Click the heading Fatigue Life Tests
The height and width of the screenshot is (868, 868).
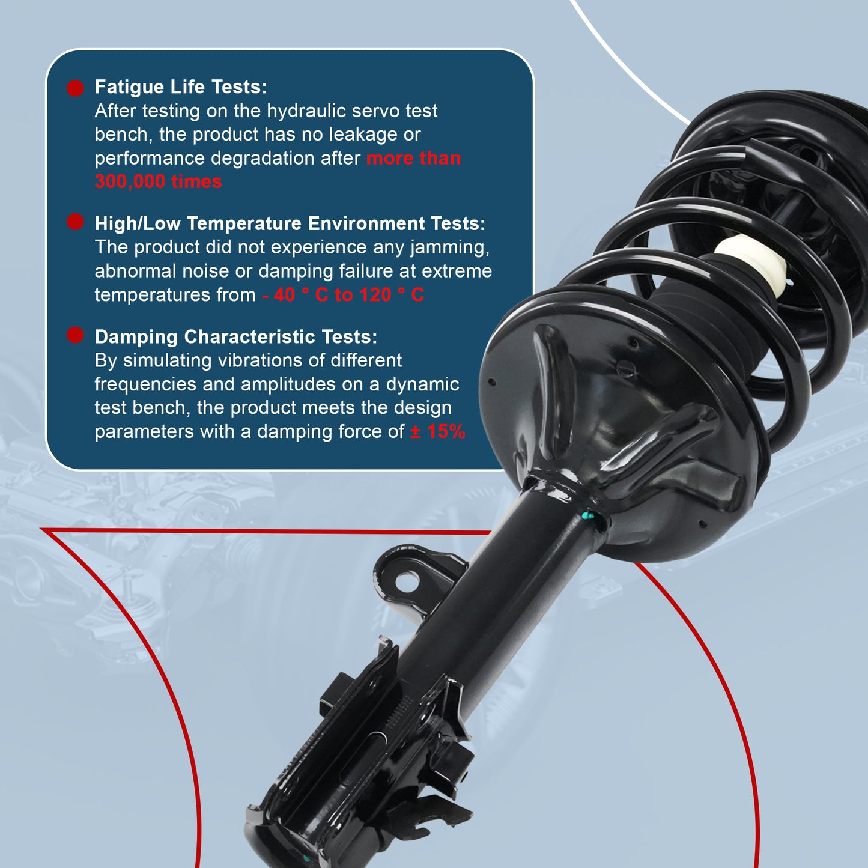(x=180, y=87)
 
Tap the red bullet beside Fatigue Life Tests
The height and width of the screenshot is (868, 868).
(x=75, y=88)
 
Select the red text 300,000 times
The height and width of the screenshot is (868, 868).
(x=158, y=181)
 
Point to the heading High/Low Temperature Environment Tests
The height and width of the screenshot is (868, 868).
(x=290, y=223)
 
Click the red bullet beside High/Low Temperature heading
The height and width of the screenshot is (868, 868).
(x=75, y=222)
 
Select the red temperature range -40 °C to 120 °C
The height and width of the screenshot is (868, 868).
(x=343, y=295)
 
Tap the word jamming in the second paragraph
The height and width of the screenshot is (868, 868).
(x=449, y=247)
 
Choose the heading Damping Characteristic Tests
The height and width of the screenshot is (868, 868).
(x=235, y=337)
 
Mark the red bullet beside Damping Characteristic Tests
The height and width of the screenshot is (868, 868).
(x=75, y=335)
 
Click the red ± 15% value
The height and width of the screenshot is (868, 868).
(x=437, y=432)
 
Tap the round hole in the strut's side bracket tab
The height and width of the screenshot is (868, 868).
(x=407, y=581)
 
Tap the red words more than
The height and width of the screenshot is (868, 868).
(x=413, y=159)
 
